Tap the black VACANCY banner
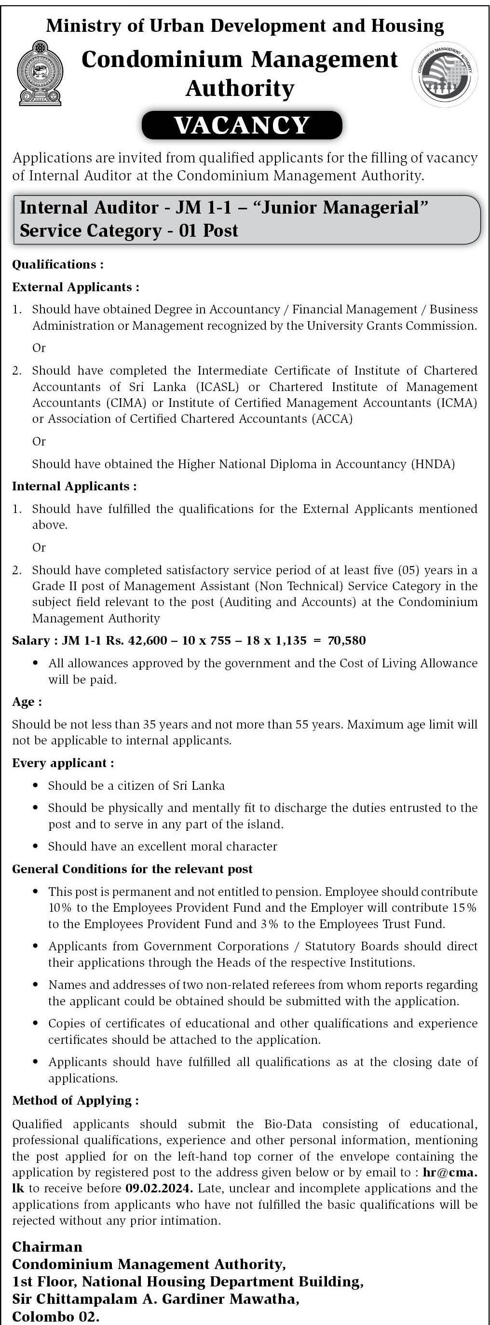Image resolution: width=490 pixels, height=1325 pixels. [242, 125]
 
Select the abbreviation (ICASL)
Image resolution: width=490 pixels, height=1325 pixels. [219, 387]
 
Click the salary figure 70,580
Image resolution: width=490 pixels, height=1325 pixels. [346, 640]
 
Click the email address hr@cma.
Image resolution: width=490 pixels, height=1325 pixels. [449, 1172]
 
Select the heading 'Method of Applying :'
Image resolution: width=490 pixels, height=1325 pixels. [75, 1100]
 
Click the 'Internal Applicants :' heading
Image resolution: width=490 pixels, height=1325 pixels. [74, 486]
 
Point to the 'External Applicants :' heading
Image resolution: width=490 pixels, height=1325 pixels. [76, 287]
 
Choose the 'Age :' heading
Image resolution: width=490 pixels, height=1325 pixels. [27, 702]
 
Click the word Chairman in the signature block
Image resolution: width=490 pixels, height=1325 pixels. [47, 1246]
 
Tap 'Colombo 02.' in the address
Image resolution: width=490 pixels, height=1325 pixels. [55, 1316]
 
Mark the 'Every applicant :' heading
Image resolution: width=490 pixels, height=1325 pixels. [63, 763]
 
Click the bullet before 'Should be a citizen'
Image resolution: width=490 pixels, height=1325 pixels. [36, 785]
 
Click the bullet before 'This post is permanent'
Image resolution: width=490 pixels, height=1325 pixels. [36, 892]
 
